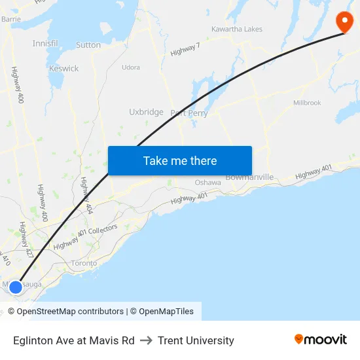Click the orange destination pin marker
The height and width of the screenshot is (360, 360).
(344, 22)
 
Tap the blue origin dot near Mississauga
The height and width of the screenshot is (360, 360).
(16, 287)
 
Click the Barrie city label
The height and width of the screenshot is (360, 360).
(11, 20)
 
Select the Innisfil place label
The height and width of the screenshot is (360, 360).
(45, 43)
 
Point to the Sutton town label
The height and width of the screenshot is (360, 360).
(88, 45)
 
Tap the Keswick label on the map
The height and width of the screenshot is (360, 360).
(63, 68)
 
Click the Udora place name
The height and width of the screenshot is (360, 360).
(131, 67)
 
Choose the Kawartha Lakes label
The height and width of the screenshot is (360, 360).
(236, 29)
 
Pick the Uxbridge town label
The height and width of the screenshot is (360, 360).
(146, 112)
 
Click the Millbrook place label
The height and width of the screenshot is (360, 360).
(307, 103)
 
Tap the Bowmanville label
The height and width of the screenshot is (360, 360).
(249, 177)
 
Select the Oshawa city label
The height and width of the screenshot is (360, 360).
(207, 183)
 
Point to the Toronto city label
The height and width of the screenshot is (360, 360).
(84, 263)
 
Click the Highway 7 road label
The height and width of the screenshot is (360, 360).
(185, 48)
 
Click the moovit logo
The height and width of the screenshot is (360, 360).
(321, 340)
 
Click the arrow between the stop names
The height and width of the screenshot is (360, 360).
(146, 340)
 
